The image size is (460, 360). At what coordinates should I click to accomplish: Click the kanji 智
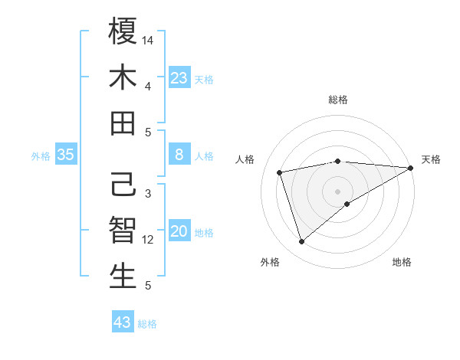[x=123, y=231]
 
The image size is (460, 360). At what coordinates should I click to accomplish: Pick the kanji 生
[x=123, y=277]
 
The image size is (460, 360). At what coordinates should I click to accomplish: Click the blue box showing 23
[x=179, y=78]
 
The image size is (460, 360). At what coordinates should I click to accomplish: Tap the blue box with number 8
[x=179, y=155]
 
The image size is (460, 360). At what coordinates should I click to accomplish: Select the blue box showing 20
[x=179, y=232]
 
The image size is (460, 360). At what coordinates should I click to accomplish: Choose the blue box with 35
[x=66, y=155]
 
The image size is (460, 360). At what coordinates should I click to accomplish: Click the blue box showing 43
[x=123, y=322]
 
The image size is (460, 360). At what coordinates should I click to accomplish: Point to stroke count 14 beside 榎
[x=149, y=39]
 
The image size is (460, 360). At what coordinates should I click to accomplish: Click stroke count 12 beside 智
[x=149, y=240]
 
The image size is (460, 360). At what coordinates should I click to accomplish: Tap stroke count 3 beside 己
[x=148, y=193]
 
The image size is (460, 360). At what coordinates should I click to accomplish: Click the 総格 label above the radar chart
[x=338, y=100]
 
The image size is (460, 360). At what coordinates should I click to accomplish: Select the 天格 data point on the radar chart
[x=412, y=169]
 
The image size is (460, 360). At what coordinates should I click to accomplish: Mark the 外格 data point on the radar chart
[x=302, y=242]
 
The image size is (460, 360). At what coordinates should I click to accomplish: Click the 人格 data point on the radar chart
[x=280, y=172]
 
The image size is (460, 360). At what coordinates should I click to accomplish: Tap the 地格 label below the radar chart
[x=402, y=262]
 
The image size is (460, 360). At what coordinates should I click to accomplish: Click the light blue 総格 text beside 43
[x=147, y=324]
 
